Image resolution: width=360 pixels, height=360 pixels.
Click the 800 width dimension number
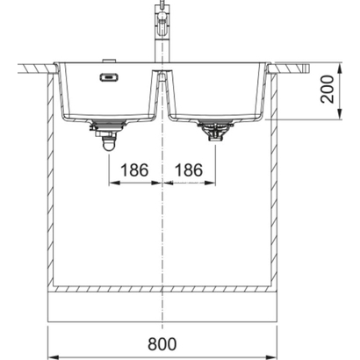pos(162,344)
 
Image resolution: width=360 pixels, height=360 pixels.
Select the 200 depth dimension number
pos(328,90)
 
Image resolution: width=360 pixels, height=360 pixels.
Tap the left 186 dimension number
pos(134,170)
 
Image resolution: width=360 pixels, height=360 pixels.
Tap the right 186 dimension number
pos(189,170)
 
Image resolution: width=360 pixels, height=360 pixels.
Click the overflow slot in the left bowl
pos(109,77)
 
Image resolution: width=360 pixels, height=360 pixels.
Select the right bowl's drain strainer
pos(215,130)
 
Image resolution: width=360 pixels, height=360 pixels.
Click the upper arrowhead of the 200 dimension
pos(340,68)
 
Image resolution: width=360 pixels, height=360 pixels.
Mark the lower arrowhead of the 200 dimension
pos(340,114)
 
